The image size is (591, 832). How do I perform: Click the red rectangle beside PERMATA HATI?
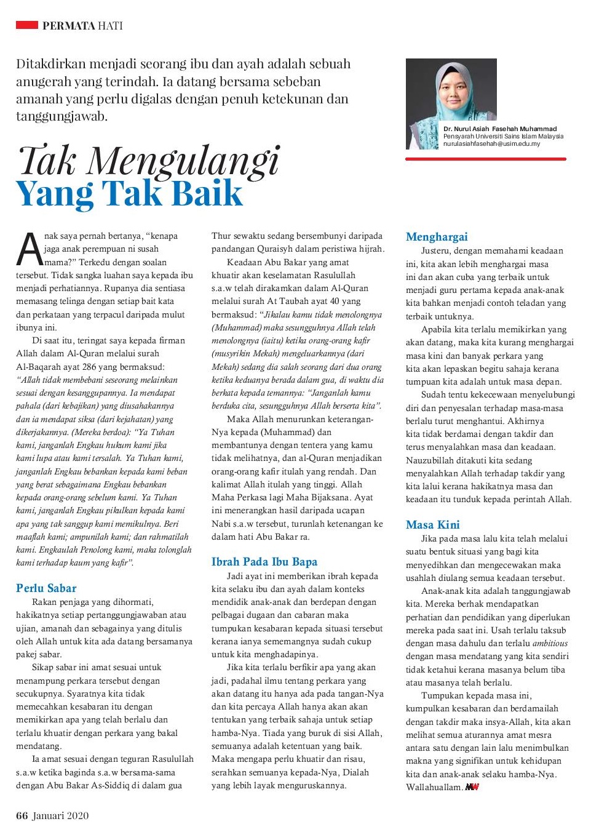26,25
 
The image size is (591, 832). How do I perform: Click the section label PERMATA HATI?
82,26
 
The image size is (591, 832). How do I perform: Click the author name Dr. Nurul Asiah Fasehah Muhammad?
500,129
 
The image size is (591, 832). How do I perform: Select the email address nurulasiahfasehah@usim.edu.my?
491,144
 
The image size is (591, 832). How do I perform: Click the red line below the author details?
485,159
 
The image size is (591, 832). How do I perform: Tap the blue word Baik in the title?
207,194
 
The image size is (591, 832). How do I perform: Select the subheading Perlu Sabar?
46,588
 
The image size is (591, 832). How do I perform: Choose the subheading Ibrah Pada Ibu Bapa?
264,562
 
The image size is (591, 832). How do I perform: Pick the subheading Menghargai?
437,237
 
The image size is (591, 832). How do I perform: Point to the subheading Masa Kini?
432,525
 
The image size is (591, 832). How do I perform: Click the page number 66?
22,816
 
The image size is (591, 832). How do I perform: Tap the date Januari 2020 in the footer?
60,816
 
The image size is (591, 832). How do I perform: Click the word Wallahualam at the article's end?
433,788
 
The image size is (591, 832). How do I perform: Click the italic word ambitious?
550,643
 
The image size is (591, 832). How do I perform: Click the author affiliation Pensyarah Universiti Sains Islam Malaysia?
503,137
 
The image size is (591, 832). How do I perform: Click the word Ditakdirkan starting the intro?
53,64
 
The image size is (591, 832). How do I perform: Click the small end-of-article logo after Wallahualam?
472,787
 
